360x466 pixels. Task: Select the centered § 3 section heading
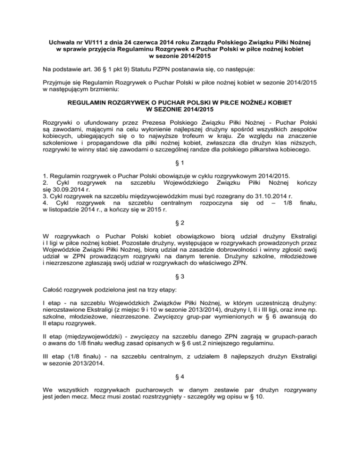point(180,286)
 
